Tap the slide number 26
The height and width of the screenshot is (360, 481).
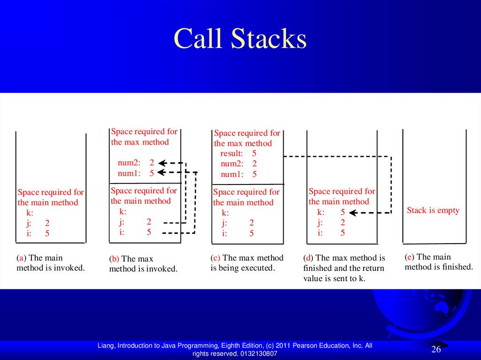(x=436, y=349)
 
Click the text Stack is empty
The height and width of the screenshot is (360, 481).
(x=433, y=210)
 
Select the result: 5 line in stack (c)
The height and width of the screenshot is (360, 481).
(x=238, y=153)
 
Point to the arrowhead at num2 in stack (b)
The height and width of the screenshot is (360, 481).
(x=162, y=163)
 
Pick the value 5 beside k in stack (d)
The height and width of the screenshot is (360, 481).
(x=342, y=212)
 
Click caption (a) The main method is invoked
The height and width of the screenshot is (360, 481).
(x=50, y=263)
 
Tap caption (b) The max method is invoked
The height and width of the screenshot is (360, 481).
(x=143, y=264)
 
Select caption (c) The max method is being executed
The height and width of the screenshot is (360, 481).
(x=247, y=263)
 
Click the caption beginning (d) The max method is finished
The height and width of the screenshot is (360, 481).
(x=344, y=268)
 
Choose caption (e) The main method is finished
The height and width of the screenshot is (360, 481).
(x=438, y=262)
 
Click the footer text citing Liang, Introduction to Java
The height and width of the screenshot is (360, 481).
(x=234, y=349)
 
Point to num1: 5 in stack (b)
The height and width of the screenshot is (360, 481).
(x=136, y=173)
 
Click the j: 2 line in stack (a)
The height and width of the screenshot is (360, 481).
(x=38, y=223)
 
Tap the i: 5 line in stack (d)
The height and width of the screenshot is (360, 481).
(x=331, y=232)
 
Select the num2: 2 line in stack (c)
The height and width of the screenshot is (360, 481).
(x=238, y=164)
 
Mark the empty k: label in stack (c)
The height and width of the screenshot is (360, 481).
(x=225, y=213)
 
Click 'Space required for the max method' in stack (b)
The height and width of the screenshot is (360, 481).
(x=144, y=137)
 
